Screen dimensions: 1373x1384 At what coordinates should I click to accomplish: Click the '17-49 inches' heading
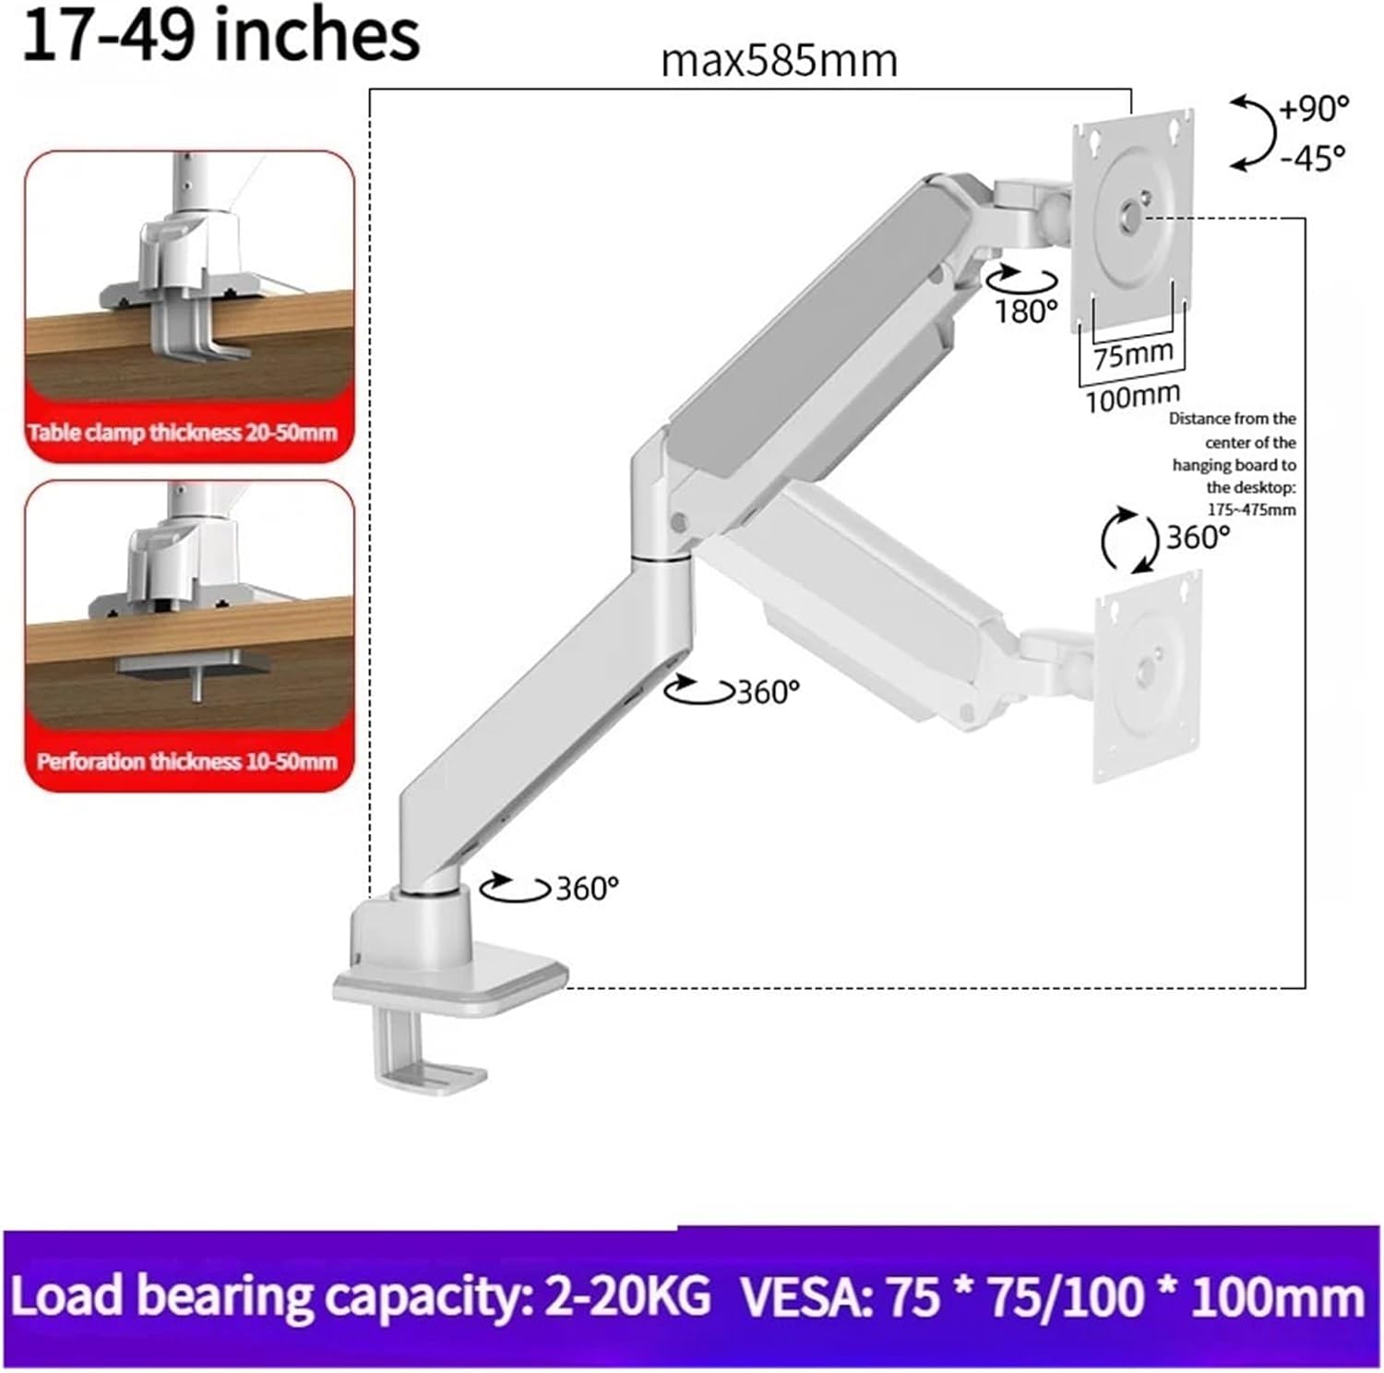click(x=220, y=35)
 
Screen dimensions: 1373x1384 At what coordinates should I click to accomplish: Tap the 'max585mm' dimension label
click(x=779, y=62)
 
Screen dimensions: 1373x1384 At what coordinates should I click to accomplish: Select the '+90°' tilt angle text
click(x=1313, y=109)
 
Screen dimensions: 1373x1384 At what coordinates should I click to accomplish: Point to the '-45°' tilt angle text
click(x=1311, y=159)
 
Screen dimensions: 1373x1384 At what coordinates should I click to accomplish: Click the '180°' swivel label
click(x=1025, y=312)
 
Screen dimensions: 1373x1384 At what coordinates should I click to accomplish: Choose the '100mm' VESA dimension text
click(x=1132, y=398)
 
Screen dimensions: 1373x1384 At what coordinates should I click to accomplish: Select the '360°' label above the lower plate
click(x=1198, y=537)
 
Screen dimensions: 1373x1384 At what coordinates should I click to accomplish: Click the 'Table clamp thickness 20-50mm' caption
click(x=183, y=433)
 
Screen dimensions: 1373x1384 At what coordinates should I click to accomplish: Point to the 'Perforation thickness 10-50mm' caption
click(x=186, y=762)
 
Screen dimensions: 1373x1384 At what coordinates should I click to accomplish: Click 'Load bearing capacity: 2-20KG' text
click(x=360, y=1296)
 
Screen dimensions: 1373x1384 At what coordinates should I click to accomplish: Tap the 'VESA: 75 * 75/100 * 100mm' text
click(x=1052, y=1296)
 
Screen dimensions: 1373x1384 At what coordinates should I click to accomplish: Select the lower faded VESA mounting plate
click(x=1148, y=677)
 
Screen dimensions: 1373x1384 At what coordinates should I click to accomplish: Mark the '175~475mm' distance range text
click(x=1251, y=509)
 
